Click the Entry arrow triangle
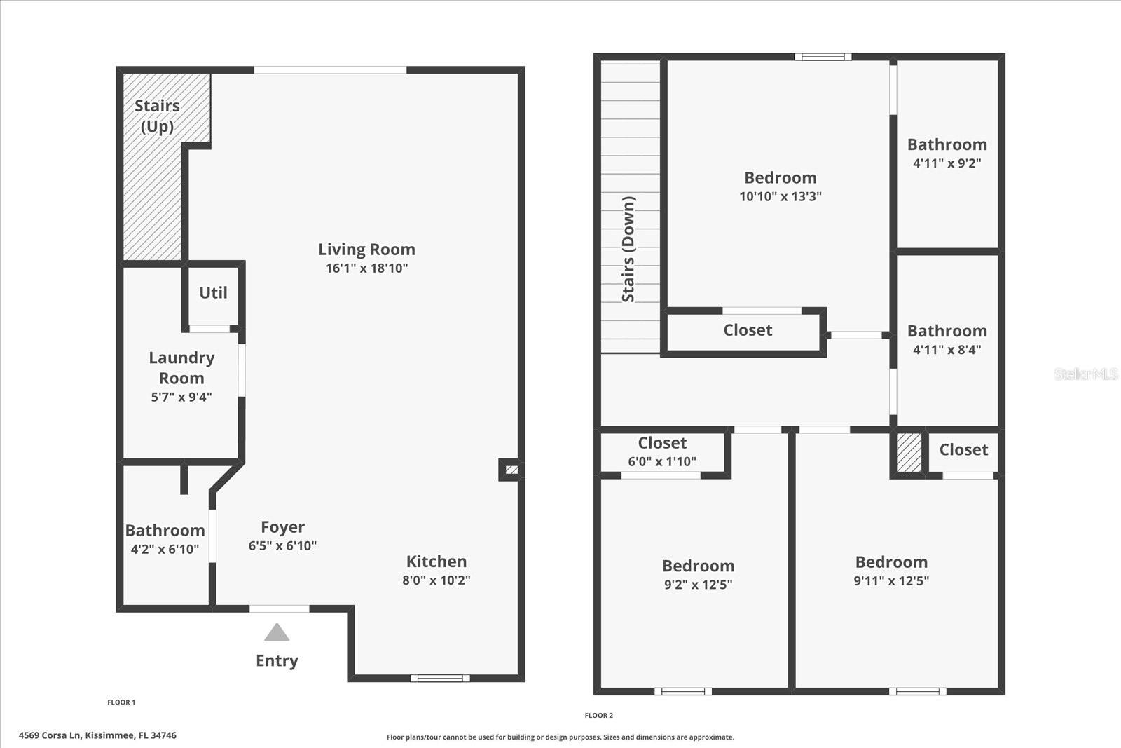point(277,633)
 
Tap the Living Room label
point(366,250)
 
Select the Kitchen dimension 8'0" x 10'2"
point(436,580)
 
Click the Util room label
point(213,293)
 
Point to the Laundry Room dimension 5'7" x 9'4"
point(181,397)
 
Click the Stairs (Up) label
point(157,116)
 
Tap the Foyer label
point(282,527)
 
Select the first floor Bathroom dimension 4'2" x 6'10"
point(165,550)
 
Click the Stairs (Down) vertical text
point(628,249)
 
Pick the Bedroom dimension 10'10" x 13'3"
point(780,197)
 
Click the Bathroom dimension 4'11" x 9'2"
point(947,163)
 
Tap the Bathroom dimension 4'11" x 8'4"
point(947,350)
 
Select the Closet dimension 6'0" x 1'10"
point(662,462)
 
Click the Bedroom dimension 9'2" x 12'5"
point(698,585)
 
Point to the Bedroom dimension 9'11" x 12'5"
point(891,581)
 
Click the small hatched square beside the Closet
point(909,453)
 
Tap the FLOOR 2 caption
point(599,716)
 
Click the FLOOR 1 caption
point(121,702)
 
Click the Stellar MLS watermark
point(1085,374)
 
